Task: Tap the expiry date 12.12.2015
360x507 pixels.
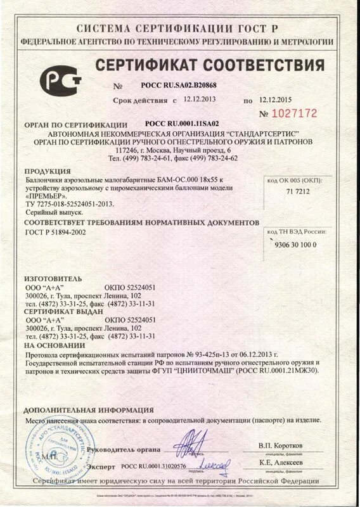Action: [x=276, y=100]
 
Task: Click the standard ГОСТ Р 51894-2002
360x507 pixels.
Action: [x=55, y=233]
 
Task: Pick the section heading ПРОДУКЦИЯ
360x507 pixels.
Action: [x=48, y=172]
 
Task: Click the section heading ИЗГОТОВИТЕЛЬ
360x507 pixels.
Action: [x=53, y=278]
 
